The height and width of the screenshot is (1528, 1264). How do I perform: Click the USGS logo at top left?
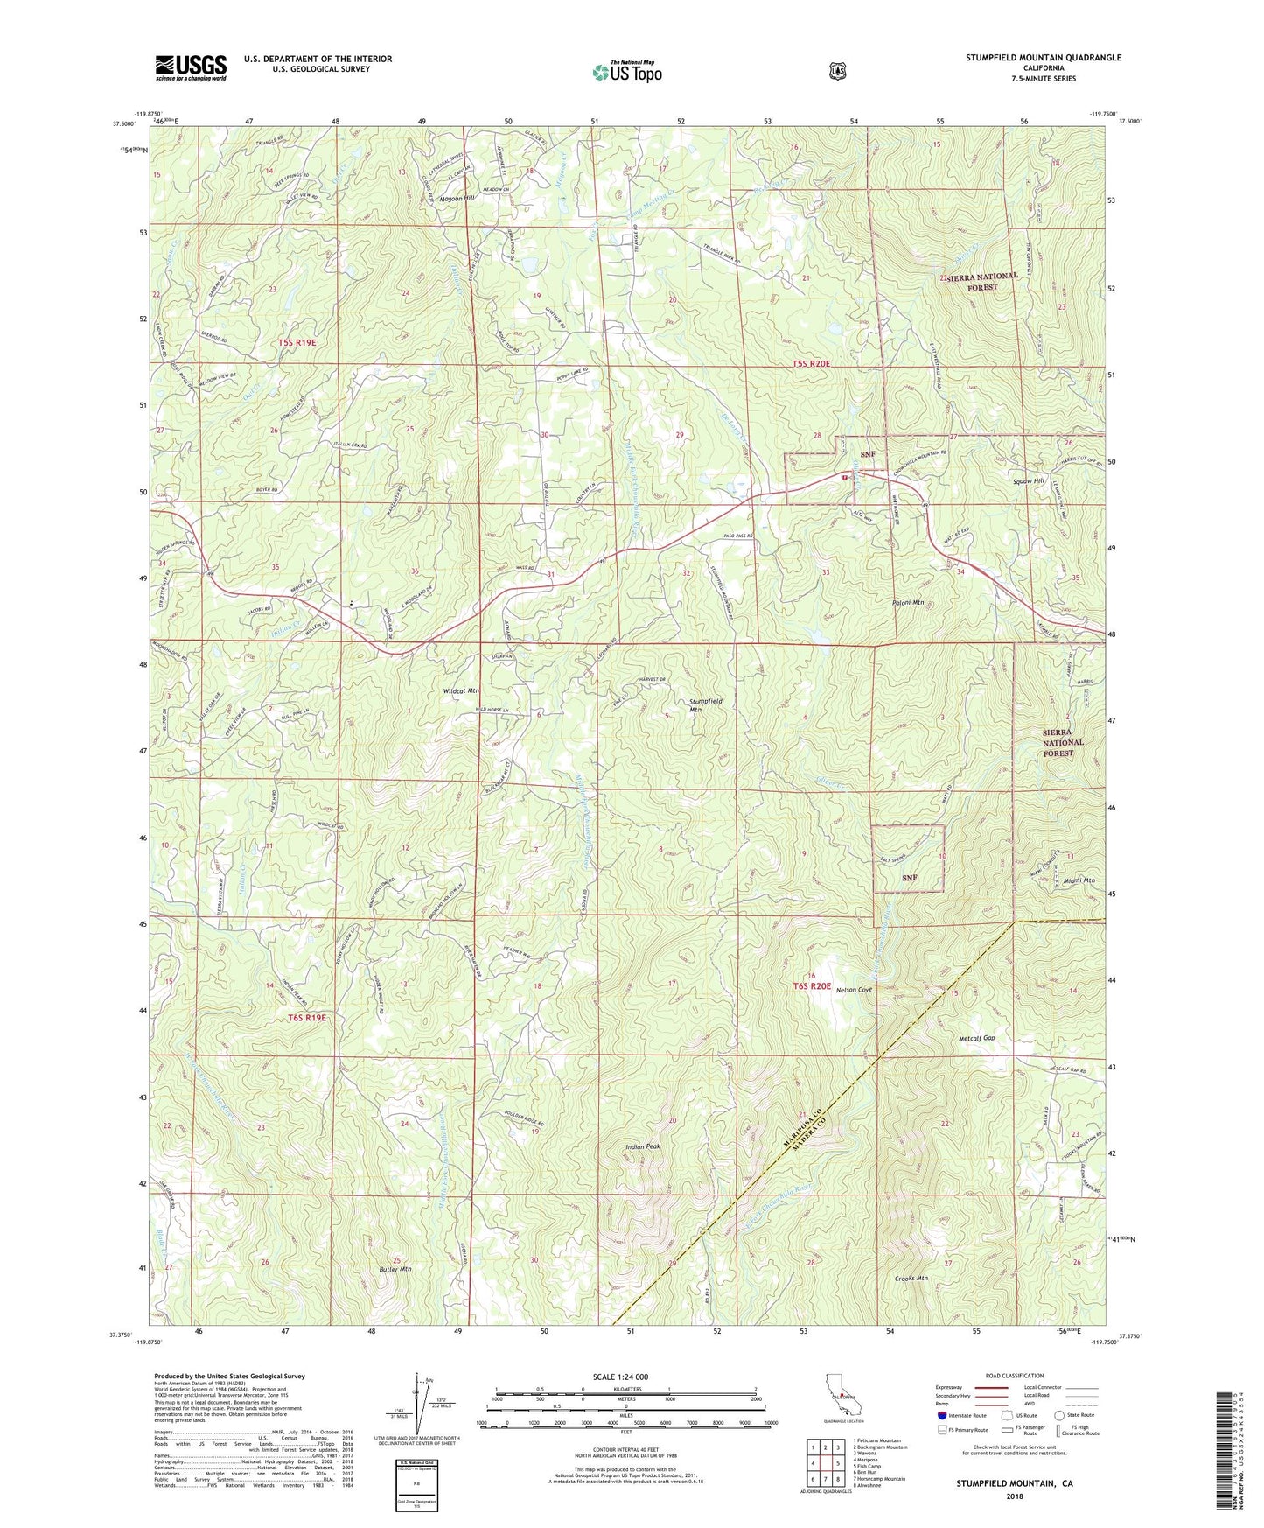coord(191,67)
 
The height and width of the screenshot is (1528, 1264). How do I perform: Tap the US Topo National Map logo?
coord(625,70)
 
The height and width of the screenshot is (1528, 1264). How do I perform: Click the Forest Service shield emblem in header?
coord(837,71)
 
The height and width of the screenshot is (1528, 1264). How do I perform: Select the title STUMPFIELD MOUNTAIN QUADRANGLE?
coord(1043,58)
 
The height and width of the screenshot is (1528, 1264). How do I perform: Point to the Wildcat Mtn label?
coord(461,691)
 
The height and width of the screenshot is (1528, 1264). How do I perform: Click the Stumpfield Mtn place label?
coord(707,706)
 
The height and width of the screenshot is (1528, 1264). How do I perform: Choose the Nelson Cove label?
coord(855,990)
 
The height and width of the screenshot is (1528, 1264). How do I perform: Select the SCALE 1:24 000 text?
coord(620,1377)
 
